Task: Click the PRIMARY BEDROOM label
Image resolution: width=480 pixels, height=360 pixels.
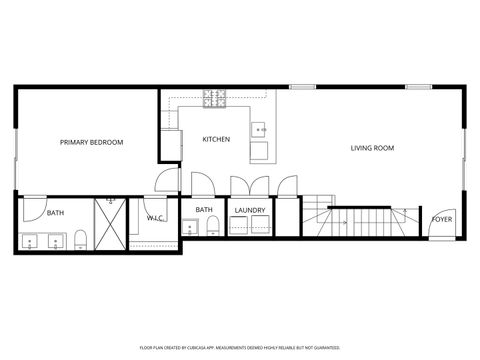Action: point(91,142)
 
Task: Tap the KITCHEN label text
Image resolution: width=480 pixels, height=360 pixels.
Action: point(217,138)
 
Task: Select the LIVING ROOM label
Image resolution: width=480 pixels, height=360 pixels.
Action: point(372,148)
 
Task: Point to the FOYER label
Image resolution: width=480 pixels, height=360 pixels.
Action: point(440,218)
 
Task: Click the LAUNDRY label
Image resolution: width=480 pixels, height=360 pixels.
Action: point(249,210)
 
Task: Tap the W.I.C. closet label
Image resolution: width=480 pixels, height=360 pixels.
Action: point(155,217)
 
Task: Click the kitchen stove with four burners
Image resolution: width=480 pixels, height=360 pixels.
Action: point(214,98)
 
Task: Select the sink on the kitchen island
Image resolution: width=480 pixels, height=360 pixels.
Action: point(258,128)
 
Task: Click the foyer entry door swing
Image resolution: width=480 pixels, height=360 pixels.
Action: point(439,231)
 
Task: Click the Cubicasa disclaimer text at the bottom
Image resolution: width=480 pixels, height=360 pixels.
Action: point(240,348)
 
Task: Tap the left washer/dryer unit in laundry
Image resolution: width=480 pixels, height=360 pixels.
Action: point(240,225)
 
